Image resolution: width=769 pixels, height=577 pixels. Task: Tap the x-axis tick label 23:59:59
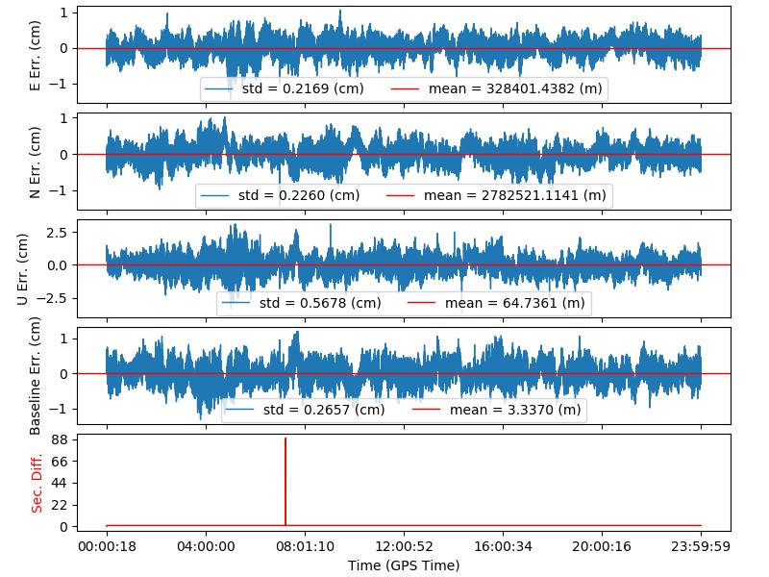701,545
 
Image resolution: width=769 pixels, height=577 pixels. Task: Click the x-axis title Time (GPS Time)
404,564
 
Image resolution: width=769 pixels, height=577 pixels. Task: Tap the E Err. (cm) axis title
36,54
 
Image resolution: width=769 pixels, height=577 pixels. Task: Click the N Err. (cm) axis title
36,161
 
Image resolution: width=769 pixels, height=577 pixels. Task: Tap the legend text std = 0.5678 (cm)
320,303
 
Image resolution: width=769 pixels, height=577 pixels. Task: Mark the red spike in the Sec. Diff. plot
285,481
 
